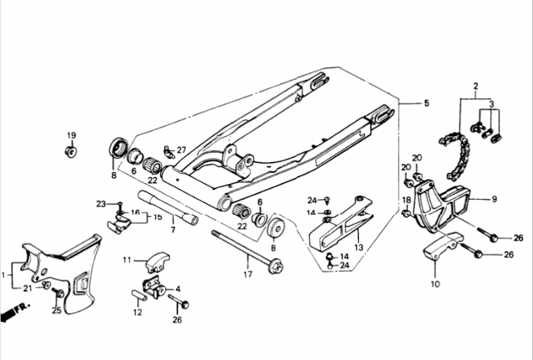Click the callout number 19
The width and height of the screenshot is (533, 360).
pyautogui.click(x=71, y=136)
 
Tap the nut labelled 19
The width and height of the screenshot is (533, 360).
pyautogui.click(x=70, y=152)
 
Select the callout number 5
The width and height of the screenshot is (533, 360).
pyautogui.click(x=427, y=103)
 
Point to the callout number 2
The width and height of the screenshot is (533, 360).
pyautogui.click(x=476, y=87)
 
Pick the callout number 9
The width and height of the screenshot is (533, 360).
pyautogui.click(x=494, y=198)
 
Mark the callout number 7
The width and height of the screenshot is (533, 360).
pyautogui.click(x=173, y=230)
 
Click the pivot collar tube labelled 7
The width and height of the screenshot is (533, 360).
pyautogui.click(x=167, y=207)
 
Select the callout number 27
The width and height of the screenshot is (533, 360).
pyautogui.click(x=181, y=150)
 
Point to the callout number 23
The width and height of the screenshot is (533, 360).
pyautogui.click(x=101, y=203)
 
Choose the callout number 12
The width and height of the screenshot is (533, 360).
pyautogui.click(x=137, y=311)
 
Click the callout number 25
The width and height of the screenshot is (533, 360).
pyautogui.click(x=57, y=311)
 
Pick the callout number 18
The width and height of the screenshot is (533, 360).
pyautogui.click(x=406, y=200)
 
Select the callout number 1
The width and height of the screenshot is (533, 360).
pyautogui.click(x=6, y=273)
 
